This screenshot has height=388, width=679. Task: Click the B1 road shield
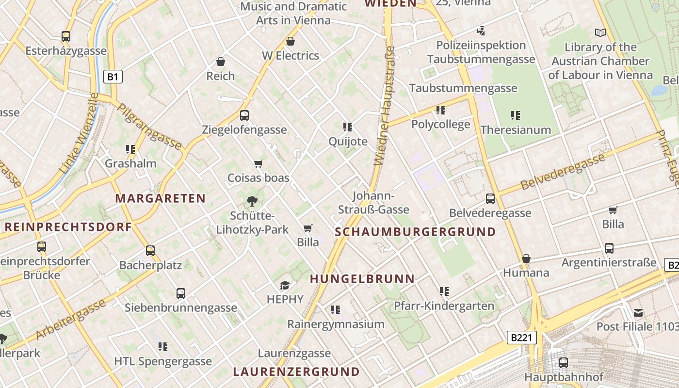point(113,76)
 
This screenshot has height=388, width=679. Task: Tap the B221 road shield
point(521,338)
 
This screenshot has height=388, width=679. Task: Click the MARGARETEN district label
point(161,198)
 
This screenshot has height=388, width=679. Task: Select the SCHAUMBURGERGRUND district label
point(416,232)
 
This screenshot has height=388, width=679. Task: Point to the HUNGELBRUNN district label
point(362,279)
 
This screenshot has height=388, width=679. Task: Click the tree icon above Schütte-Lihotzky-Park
point(252,201)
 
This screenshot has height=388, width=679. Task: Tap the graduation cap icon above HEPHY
point(285,285)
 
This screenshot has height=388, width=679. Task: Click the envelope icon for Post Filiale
point(638,313)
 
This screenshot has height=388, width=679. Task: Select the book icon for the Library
point(600,32)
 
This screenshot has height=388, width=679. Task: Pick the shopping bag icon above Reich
point(221,62)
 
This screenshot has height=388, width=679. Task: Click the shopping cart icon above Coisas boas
point(259,164)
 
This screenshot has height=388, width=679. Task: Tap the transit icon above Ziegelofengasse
point(244,115)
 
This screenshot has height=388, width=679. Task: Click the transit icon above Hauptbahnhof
point(564,362)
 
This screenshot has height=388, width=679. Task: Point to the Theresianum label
point(516,130)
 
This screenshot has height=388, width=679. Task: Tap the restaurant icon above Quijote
point(348,127)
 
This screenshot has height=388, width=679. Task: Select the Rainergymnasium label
point(336,324)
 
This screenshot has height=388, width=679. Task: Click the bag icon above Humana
point(526,259)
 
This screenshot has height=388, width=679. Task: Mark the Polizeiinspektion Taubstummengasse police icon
point(481,31)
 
